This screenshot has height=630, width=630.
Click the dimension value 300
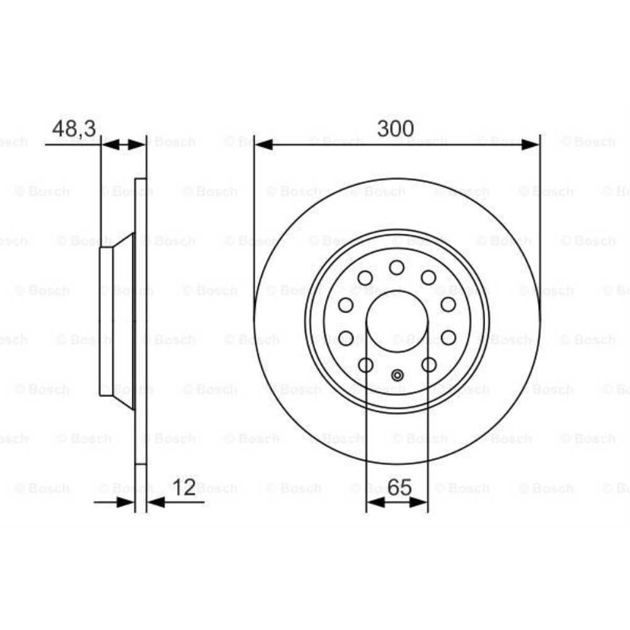point(395,129)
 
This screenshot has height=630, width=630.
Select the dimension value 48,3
point(74,129)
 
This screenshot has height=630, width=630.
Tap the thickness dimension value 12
point(185,487)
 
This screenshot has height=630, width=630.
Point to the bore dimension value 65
point(398,487)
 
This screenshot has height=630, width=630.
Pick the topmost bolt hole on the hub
point(397,268)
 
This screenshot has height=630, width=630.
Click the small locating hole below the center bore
point(397,376)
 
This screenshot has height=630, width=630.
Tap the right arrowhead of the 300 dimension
point(530,145)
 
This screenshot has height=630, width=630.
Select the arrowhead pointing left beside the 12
point(155,502)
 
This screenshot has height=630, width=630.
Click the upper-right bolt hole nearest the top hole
point(429,277)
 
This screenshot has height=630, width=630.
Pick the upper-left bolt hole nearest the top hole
point(365,277)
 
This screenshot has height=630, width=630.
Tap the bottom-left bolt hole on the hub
point(365,364)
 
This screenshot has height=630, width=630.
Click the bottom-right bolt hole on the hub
point(429,364)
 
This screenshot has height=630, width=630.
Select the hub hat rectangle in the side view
point(106,321)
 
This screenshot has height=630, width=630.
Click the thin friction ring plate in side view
point(140,321)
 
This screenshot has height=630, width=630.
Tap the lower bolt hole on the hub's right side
point(449,338)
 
